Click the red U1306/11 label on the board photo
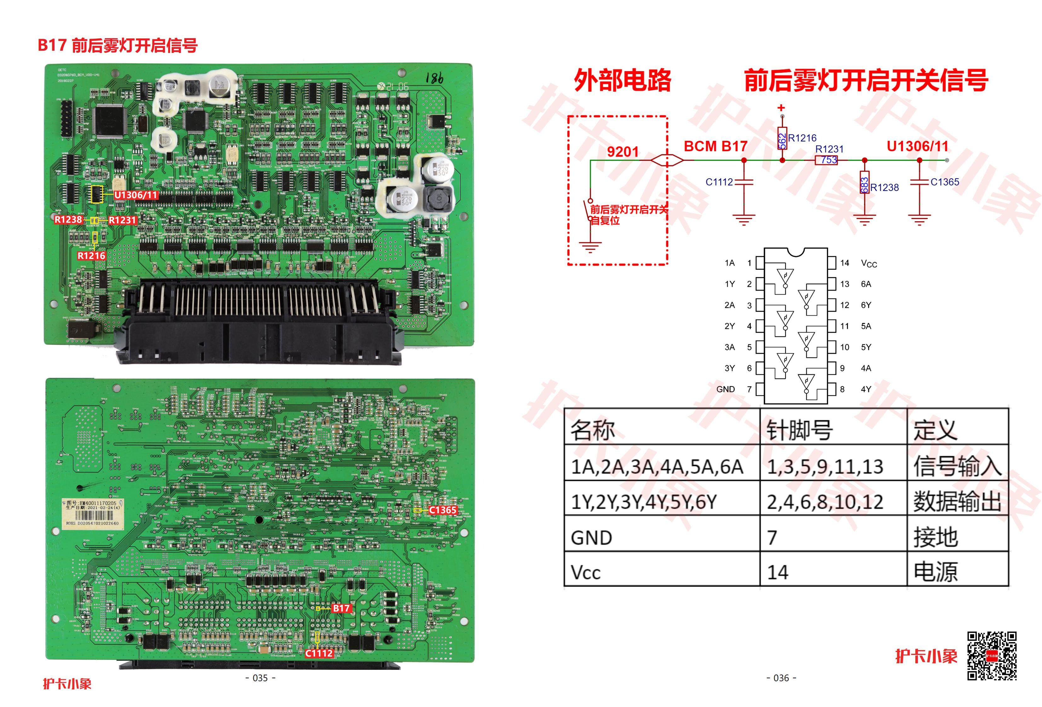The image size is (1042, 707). tap(136, 195)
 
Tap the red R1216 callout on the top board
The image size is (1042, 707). tap(91, 256)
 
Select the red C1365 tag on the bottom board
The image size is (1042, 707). tap(442, 510)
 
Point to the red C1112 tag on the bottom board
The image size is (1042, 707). tap(319, 653)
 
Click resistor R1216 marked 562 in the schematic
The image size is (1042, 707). tap(782, 139)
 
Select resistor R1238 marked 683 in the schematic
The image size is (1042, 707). tap(865, 182)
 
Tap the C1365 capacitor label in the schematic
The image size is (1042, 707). tap(945, 182)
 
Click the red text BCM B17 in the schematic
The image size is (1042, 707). tap(715, 146)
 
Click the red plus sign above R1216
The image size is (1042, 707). tap(781, 108)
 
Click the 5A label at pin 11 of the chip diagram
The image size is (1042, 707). tap(866, 326)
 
